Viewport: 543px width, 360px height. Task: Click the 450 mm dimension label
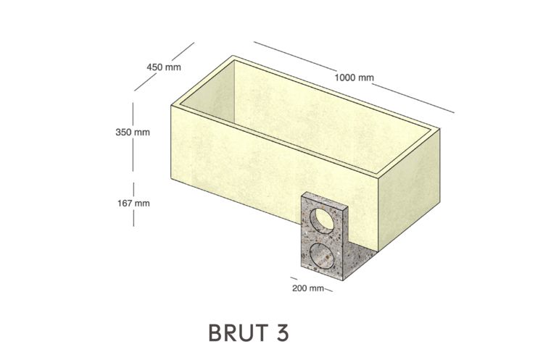[x=164, y=67]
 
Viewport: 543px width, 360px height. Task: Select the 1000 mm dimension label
[x=355, y=78]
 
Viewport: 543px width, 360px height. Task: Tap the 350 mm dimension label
[x=133, y=133]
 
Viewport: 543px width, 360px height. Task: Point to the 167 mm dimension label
[x=133, y=203]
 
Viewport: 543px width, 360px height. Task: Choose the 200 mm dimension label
[x=308, y=288]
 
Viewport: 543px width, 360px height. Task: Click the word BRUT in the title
[x=238, y=333]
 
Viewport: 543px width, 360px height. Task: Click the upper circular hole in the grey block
[x=322, y=220]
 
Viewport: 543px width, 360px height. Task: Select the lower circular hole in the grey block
[x=322, y=256]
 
